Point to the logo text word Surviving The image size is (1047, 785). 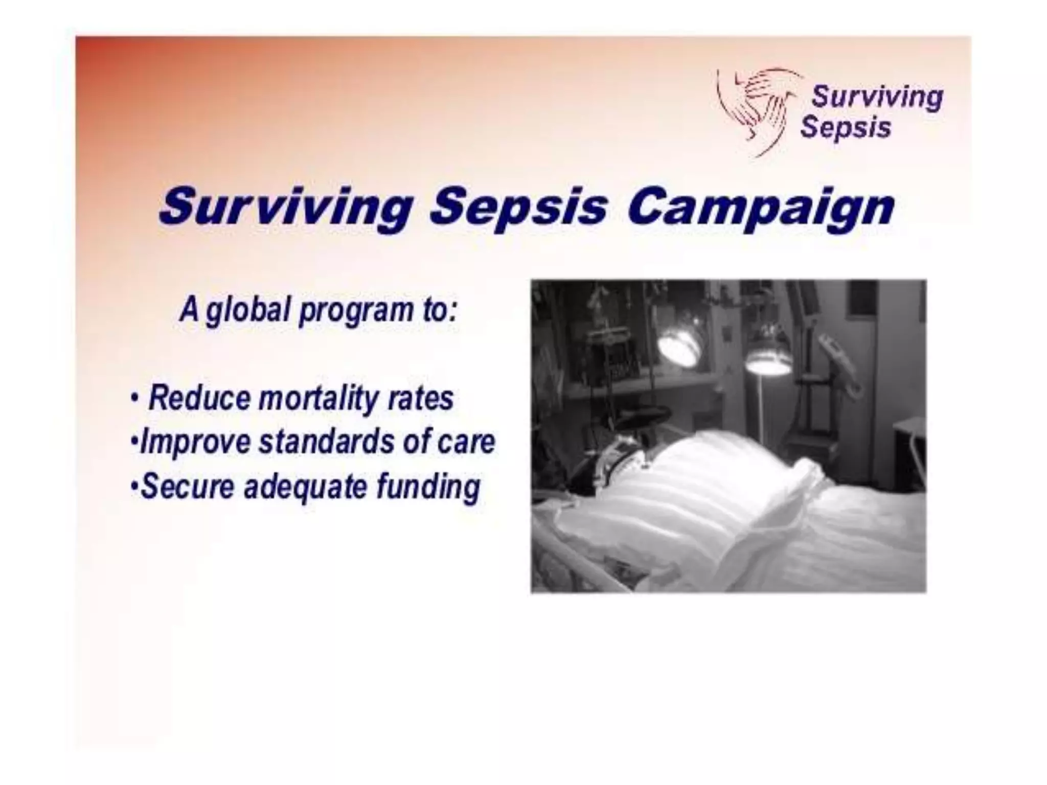coord(877,97)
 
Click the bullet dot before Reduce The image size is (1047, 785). coord(134,398)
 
